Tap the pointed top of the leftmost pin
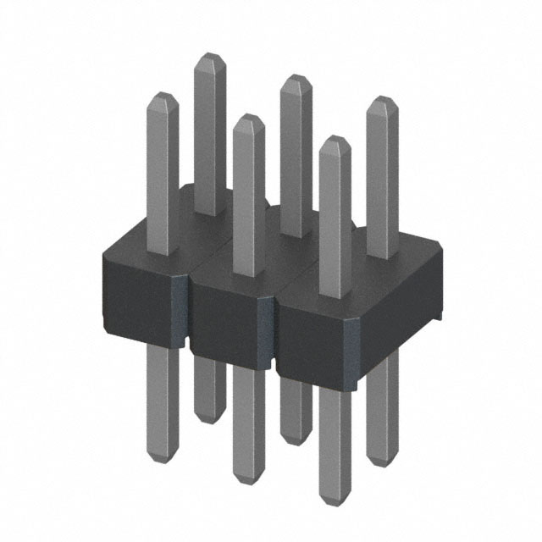tap(162, 95)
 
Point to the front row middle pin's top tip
tap(248, 118)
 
